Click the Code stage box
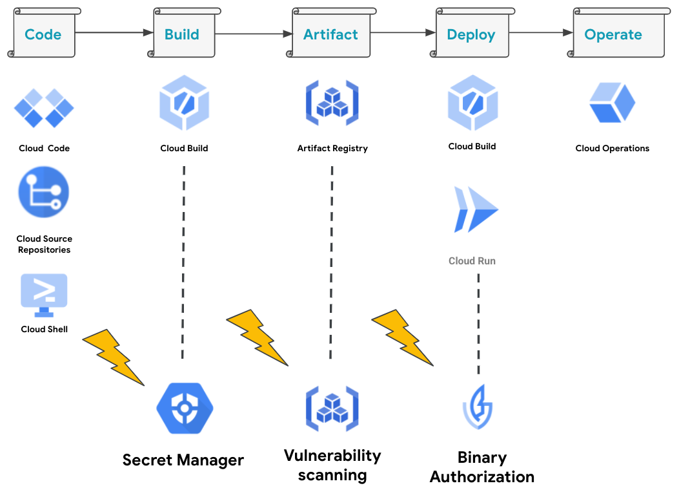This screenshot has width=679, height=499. point(43,34)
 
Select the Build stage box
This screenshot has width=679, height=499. point(183,34)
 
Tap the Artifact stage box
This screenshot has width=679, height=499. point(331,34)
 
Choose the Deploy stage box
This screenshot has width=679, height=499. point(471,34)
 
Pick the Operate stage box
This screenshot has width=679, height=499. point(613,34)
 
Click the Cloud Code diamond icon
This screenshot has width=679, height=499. point(44,107)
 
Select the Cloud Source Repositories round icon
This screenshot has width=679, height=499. point(44,192)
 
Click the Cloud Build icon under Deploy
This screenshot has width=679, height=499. point(472,102)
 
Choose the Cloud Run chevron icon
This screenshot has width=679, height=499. point(476,210)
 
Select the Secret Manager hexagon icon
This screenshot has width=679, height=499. point(185,408)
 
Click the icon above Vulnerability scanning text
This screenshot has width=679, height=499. point(332,409)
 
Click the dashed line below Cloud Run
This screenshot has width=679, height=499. point(478,323)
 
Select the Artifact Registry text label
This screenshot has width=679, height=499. point(332,148)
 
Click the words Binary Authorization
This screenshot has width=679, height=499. point(482,467)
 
